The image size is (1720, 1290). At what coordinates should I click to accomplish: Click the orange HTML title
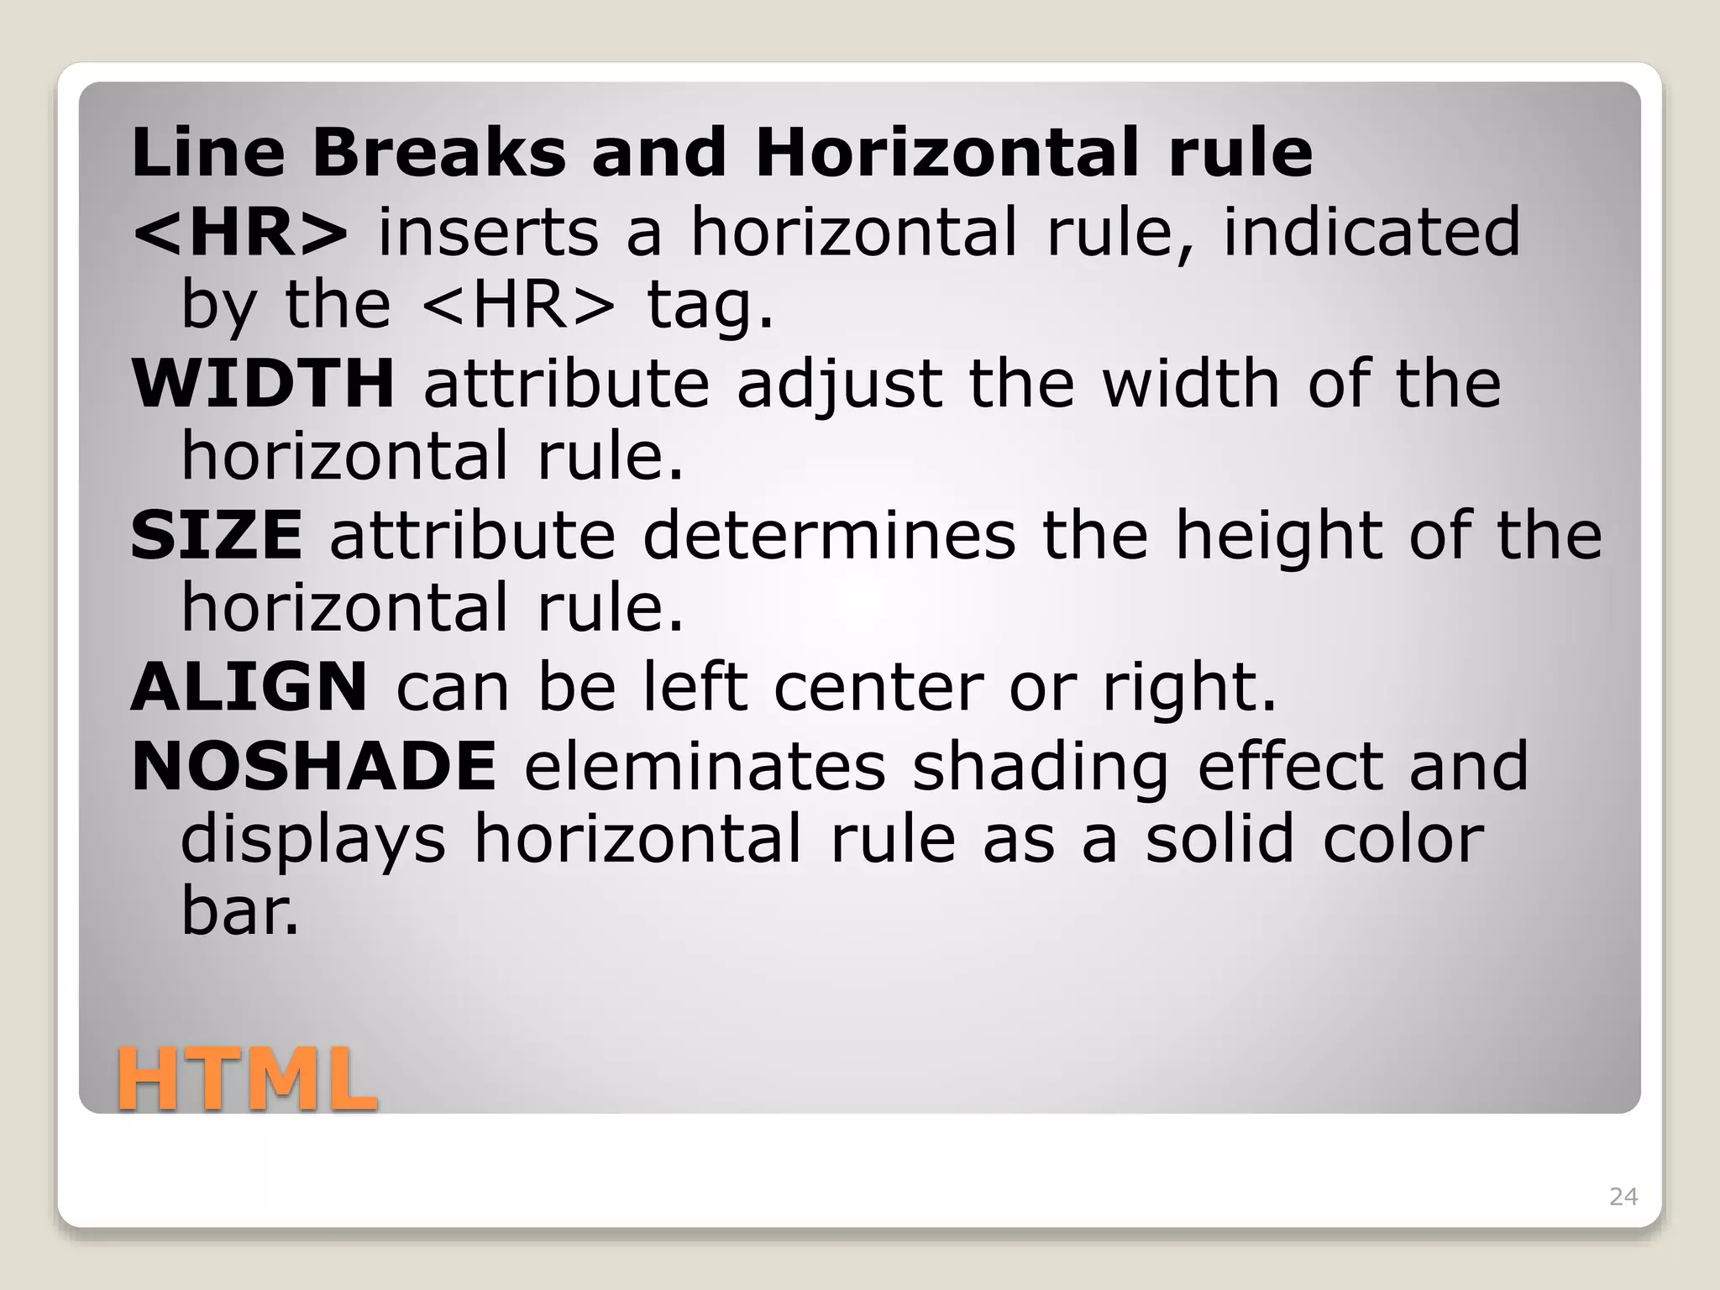tap(247, 1078)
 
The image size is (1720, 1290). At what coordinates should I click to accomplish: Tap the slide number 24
tap(1623, 1197)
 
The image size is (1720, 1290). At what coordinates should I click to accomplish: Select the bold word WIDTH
tap(263, 383)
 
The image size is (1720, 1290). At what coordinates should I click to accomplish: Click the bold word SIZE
tap(217, 535)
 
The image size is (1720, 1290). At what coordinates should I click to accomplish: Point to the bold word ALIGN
tap(249, 687)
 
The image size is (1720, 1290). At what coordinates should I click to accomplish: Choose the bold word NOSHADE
tap(314, 766)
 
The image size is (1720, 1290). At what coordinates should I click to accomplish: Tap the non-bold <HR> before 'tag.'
tap(518, 304)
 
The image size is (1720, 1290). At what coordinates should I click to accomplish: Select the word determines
tap(829, 535)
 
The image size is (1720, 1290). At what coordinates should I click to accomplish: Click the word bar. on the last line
tap(240, 911)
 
